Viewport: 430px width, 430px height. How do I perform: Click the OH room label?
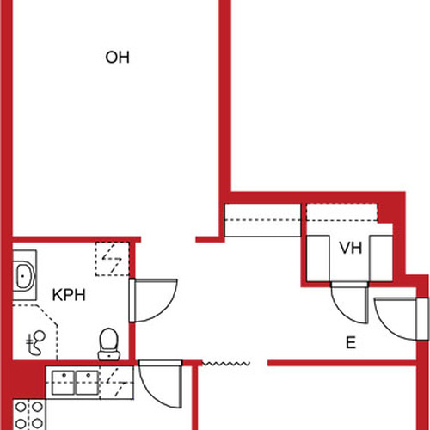point(117,58)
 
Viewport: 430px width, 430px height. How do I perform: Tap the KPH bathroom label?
point(69,295)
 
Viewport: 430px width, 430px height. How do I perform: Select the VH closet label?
point(351,248)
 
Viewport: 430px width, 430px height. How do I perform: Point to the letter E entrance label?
point(351,342)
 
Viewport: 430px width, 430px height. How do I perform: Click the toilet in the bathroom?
point(109,344)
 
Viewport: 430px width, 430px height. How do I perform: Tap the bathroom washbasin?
point(24,275)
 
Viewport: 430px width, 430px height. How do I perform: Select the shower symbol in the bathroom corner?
point(35,343)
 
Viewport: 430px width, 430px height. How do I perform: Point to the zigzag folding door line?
point(226,364)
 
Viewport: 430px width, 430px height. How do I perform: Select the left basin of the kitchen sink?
point(64,383)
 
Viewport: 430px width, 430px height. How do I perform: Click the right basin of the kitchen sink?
point(88,383)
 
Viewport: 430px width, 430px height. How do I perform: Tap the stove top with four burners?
point(29,415)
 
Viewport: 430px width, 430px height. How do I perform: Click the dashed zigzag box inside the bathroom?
point(112,259)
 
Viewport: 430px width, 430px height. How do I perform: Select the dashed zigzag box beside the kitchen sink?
point(117,383)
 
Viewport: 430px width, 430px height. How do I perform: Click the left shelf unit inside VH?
point(318,258)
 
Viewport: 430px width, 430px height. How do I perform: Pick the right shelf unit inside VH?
point(381,258)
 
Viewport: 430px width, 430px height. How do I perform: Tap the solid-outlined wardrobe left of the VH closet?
point(262,220)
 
